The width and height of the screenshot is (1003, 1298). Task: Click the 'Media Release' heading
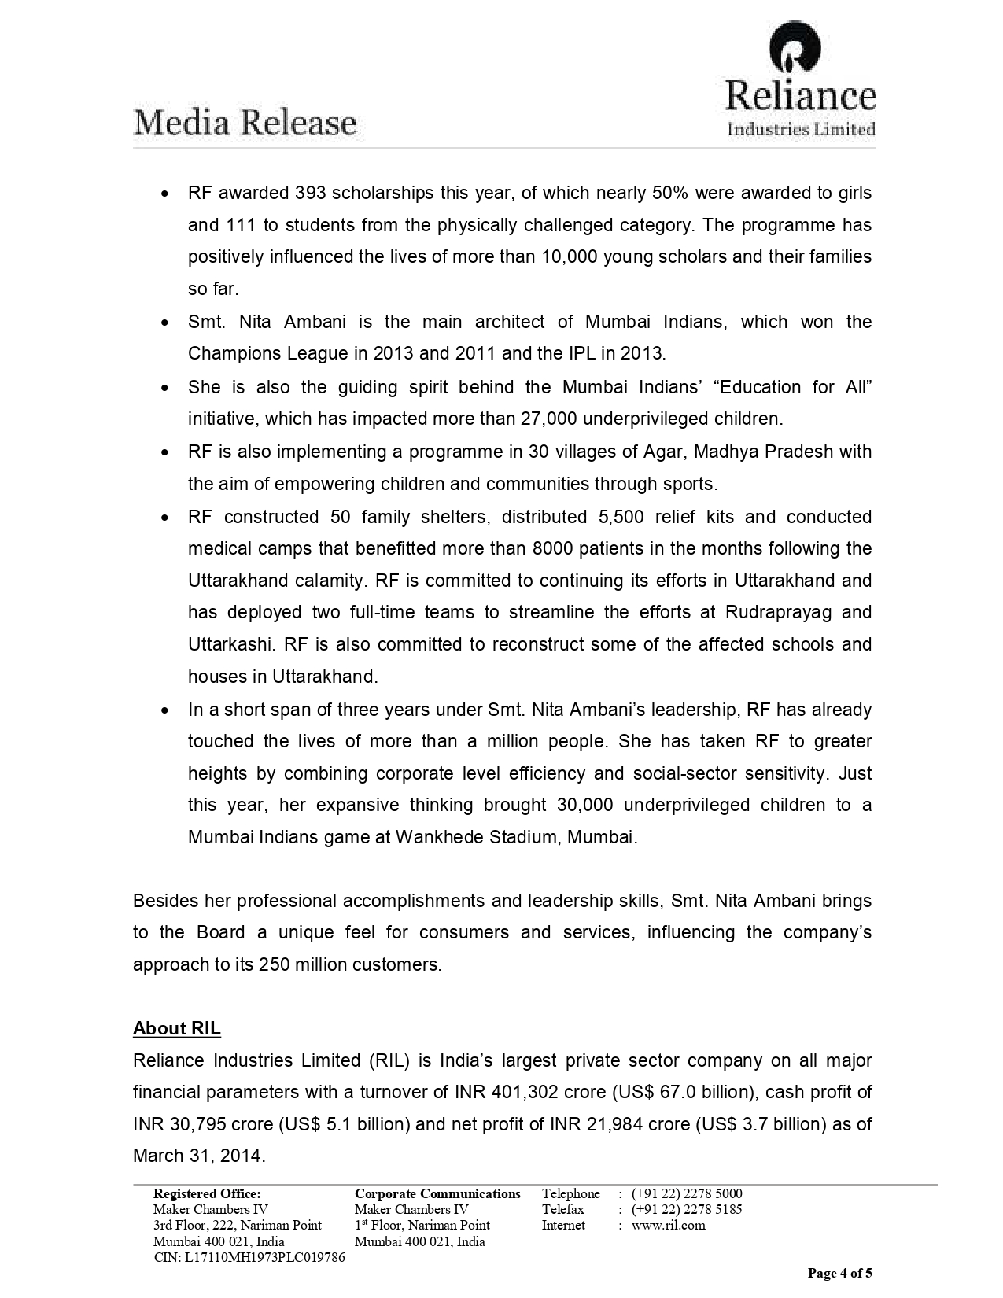point(245,124)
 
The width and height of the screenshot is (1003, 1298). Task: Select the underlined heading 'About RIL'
point(177,1028)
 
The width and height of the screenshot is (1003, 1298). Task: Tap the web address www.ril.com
point(668,1225)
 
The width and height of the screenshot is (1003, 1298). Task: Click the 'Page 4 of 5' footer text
point(840,1273)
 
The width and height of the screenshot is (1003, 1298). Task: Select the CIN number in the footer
point(249,1257)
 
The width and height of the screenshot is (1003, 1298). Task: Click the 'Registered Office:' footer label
point(207,1193)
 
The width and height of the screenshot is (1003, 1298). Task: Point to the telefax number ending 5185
point(687,1209)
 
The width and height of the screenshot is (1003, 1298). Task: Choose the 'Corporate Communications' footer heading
point(437,1193)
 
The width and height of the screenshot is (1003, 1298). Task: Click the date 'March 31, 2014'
point(198,1156)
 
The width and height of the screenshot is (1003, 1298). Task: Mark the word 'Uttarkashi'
point(230,645)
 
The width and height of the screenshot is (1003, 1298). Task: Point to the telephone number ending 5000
point(687,1193)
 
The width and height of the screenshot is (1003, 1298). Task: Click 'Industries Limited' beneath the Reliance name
point(801,130)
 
